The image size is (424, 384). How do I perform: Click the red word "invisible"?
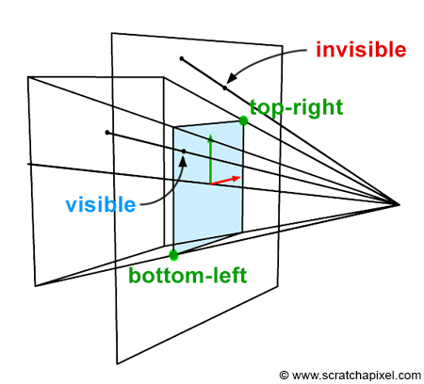click(x=361, y=50)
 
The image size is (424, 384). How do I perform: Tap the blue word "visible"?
click(x=101, y=204)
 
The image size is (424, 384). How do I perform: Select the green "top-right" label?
click(x=296, y=107)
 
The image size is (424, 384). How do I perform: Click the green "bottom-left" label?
click(x=188, y=275)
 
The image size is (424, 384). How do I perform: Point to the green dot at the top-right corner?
click(x=243, y=120)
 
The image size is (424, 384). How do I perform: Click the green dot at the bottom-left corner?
click(x=173, y=255)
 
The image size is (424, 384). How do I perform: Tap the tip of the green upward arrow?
click(x=210, y=135)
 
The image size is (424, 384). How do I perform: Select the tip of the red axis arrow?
click(x=240, y=178)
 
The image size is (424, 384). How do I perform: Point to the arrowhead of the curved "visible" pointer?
click(x=184, y=157)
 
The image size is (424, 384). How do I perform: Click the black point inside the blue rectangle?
click(x=184, y=152)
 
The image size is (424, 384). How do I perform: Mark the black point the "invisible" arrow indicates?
click(x=225, y=88)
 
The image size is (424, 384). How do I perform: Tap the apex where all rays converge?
click(x=399, y=204)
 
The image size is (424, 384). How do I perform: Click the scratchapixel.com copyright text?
click(x=351, y=376)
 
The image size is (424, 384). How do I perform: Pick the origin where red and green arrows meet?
click(x=210, y=184)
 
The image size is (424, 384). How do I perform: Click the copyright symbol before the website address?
click(x=284, y=375)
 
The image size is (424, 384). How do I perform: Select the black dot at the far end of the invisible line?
click(x=181, y=58)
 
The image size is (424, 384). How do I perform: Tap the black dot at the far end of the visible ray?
click(x=107, y=133)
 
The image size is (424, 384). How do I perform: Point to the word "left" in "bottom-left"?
click(x=231, y=275)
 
